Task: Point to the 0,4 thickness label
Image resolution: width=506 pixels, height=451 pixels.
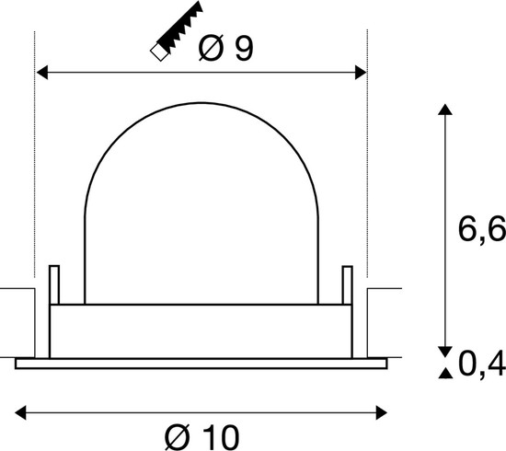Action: (x=482, y=365)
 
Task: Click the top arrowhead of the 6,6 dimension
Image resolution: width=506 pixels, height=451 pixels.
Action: (x=444, y=111)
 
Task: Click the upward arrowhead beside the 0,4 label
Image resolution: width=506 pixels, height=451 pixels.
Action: (x=444, y=373)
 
